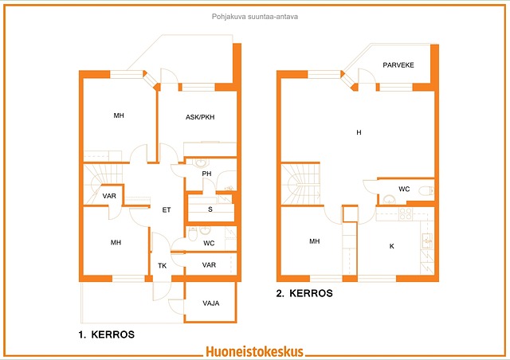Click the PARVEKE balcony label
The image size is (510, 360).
tap(398, 65)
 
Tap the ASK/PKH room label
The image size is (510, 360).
tap(200, 117)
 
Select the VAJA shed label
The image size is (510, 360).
tap(210, 303)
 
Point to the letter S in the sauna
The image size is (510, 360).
tap(210, 209)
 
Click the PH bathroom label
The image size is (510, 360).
tap(206, 174)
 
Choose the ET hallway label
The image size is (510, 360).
tap(167, 210)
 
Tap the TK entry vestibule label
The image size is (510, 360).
tap(162, 266)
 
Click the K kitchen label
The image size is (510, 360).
tap(391, 246)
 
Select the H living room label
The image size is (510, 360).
tap(359, 132)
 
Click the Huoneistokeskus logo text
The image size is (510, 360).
tap(255, 351)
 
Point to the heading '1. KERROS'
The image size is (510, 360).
tap(106, 335)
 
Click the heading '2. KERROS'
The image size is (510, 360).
tap(304, 293)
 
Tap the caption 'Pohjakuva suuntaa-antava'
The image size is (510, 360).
tap(255, 17)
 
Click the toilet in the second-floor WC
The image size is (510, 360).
tap(426, 190)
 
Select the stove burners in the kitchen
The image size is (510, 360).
tap(406, 214)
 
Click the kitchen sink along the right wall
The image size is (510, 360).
tap(427, 241)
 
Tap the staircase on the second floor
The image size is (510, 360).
tap(300, 184)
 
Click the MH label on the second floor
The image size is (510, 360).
tap(314, 241)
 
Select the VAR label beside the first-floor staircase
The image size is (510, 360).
tap(109, 196)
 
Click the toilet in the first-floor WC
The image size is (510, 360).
tap(193, 234)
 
